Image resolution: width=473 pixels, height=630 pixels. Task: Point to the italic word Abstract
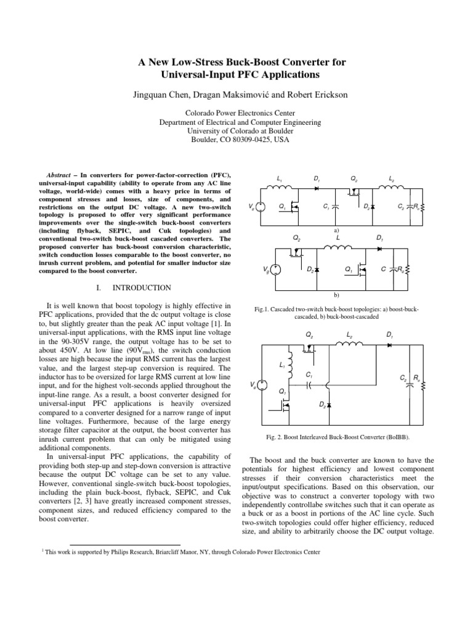[x=61, y=175]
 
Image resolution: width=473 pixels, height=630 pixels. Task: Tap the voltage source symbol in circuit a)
[x=260, y=207]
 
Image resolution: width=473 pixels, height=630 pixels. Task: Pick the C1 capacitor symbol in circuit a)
[x=335, y=207]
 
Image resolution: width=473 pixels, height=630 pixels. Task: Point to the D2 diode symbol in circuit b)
[x=319, y=269]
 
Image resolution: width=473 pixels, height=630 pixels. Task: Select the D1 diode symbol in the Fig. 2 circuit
[x=390, y=345]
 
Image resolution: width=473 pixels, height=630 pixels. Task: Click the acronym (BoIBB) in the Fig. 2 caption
[x=392, y=437]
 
